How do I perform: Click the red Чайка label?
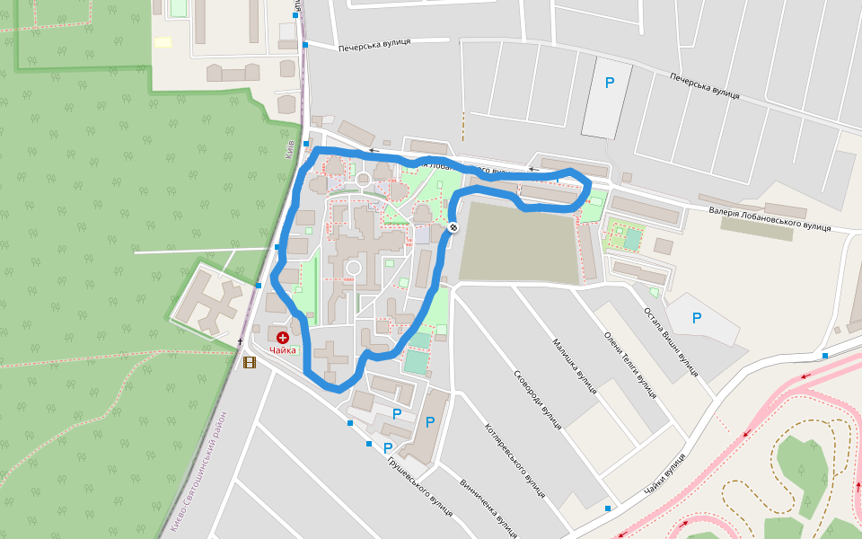pos(282,350)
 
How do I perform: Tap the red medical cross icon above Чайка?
pos(283,337)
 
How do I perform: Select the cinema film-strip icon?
pos(249,363)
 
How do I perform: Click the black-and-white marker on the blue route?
pos(453,227)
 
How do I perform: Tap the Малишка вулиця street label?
pos(575,366)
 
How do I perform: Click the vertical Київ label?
pos(290,148)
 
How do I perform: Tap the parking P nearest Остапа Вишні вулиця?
pos(697,318)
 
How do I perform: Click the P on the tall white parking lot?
pos(610,83)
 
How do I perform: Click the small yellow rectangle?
pos(163,42)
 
